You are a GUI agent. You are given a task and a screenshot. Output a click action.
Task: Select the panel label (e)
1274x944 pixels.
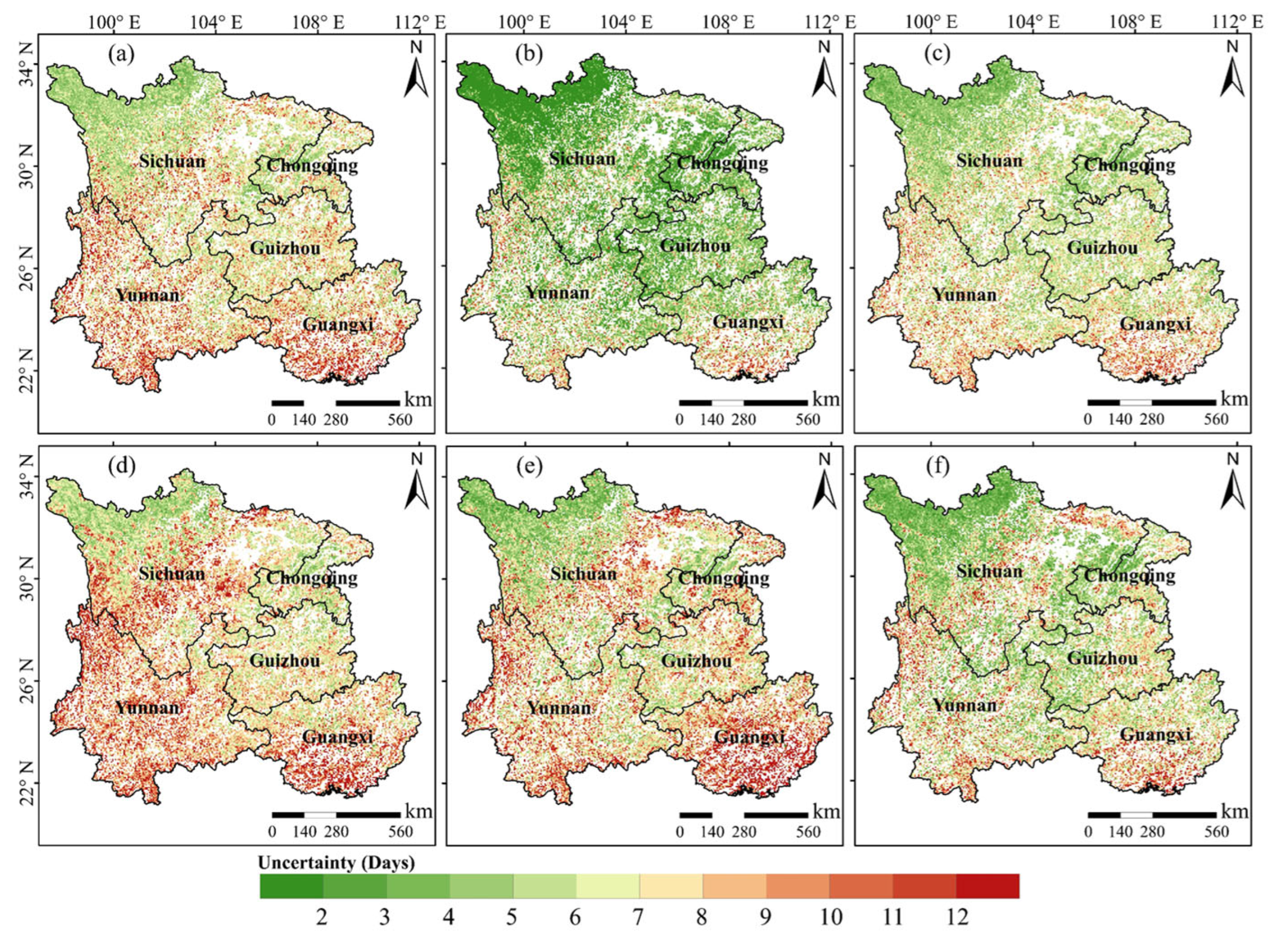[x=528, y=467]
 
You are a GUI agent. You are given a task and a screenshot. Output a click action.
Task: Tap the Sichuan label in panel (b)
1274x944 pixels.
[x=583, y=158]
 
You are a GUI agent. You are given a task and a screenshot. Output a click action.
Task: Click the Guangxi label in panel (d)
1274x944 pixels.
[x=338, y=736]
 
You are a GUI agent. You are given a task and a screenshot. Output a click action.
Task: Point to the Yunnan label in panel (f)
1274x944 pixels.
[x=964, y=705]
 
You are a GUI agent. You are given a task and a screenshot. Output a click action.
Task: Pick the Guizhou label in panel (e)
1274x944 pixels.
[x=695, y=661]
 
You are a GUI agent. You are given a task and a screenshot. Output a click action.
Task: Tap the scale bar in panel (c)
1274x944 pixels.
[x=1151, y=402]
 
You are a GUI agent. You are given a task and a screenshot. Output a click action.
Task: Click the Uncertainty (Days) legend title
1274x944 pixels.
[x=336, y=863]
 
